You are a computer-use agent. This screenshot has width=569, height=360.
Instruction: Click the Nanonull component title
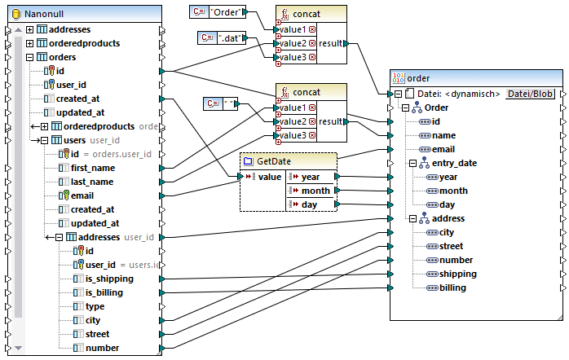pyautogui.click(x=48, y=14)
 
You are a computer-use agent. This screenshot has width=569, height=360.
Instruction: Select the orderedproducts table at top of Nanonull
pyautogui.click(x=84, y=43)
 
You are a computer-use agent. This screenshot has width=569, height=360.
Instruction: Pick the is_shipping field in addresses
pyautogui.click(x=109, y=279)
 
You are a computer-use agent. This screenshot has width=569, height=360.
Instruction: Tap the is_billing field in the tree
pyautogui.click(x=104, y=292)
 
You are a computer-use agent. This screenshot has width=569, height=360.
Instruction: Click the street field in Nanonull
pyautogui.click(x=97, y=334)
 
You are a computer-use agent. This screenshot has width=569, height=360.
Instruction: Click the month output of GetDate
pyautogui.click(x=315, y=190)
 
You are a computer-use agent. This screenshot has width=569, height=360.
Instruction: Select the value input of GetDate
pyautogui.click(x=269, y=176)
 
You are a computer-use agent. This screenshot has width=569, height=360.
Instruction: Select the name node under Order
pyautogui.click(x=444, y=135)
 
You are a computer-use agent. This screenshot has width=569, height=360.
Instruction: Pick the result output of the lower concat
pyautogui.click(x=331, y=121)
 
